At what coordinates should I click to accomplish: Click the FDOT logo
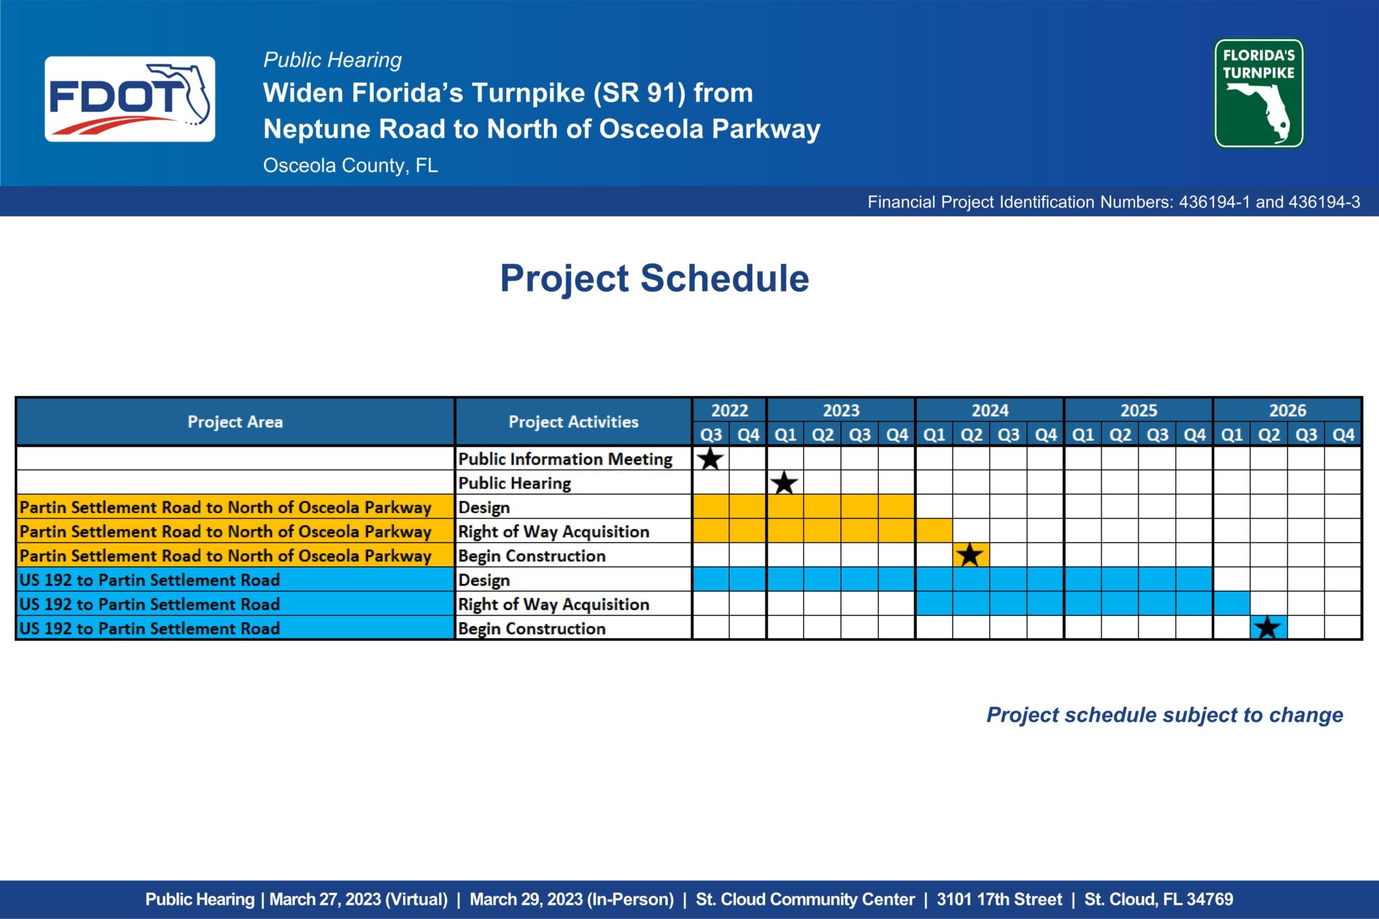pos(130,99)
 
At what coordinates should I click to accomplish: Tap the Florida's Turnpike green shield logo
pos(1258,93)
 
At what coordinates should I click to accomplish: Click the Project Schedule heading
pos(654,278)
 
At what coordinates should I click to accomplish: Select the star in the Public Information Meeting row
pos(710,458)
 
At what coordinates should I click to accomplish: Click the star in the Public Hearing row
pos(784,483)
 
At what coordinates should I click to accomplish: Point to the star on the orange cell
pos(970,555)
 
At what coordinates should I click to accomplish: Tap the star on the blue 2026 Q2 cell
pos(1268,627)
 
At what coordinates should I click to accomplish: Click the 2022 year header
pos(729,410)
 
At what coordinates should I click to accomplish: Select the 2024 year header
pos(990,410)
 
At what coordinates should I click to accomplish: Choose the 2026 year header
pos(1287,410)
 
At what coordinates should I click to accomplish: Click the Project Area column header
pos(235,422)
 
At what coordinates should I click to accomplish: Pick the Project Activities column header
pos(574,422)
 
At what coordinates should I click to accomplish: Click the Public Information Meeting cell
pos(566,458)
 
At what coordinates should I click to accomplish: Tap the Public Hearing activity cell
pos(514,483)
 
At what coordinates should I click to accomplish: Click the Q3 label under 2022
pos(711,435)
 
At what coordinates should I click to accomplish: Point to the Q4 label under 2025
pos(1195,435)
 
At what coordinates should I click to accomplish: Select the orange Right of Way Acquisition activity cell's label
pos(553,531)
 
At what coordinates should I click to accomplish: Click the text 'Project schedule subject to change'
pos(1165,714)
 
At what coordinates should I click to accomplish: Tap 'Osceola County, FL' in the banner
pos(351,166)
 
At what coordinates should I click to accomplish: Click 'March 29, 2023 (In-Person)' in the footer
pos(572,899)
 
